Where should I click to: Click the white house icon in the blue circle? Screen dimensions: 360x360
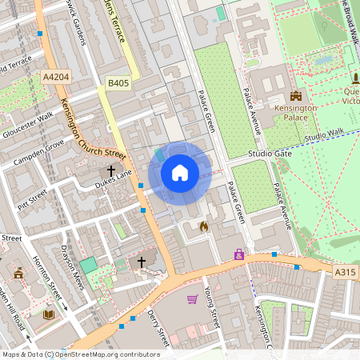pos(180,173)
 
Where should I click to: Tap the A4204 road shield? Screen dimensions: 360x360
pos(55,76)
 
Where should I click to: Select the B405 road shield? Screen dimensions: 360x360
pos(118,82)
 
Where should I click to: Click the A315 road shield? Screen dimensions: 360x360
pos(344,273)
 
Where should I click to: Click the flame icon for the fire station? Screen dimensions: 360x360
pos(203,226)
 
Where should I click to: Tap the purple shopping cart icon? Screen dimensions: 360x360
pos(192,299)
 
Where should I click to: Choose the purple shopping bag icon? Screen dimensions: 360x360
pos(238,254)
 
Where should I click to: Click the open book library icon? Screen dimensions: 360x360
pos(48,314)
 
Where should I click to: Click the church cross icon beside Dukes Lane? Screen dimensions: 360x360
pos(112,170)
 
